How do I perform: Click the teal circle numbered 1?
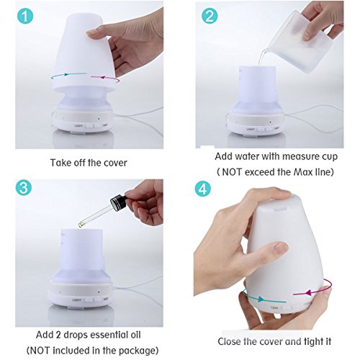[x=25, y=16]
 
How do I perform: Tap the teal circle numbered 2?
[x=210, y=16]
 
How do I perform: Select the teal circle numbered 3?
[x=24, y=187]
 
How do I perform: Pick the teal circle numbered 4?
[x=203, y=189]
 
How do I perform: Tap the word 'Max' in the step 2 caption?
[x=303, y=172]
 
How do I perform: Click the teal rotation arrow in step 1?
[x=68, y=75]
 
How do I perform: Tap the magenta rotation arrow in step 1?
[x=106, y=78]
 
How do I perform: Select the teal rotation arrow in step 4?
[x=261, y=298]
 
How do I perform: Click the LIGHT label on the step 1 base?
[x=78, y=125]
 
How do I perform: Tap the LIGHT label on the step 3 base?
[x=77, y=300]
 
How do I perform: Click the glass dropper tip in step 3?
[x=80, y=225]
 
